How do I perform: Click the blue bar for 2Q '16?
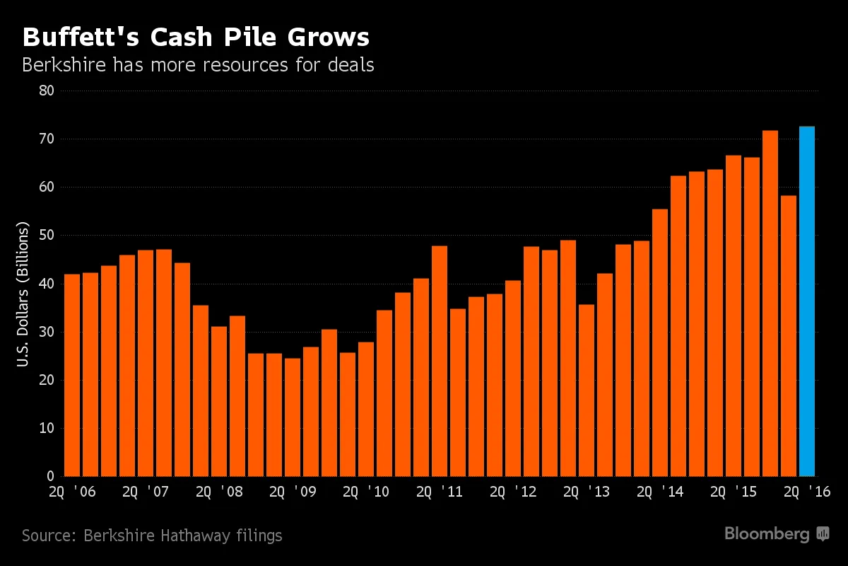coord(806,301)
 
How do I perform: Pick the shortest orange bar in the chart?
coord(293,417)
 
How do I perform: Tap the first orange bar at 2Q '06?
coord(72,375)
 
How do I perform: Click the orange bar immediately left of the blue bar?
coord(788,335)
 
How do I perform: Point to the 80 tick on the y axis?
coord(47,91)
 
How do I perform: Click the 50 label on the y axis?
coord(47,236)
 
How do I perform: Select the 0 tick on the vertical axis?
coord(51,476)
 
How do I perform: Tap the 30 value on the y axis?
coord(47,332)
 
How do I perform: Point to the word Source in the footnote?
coord(48,536)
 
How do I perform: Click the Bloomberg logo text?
coord(767,534)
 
